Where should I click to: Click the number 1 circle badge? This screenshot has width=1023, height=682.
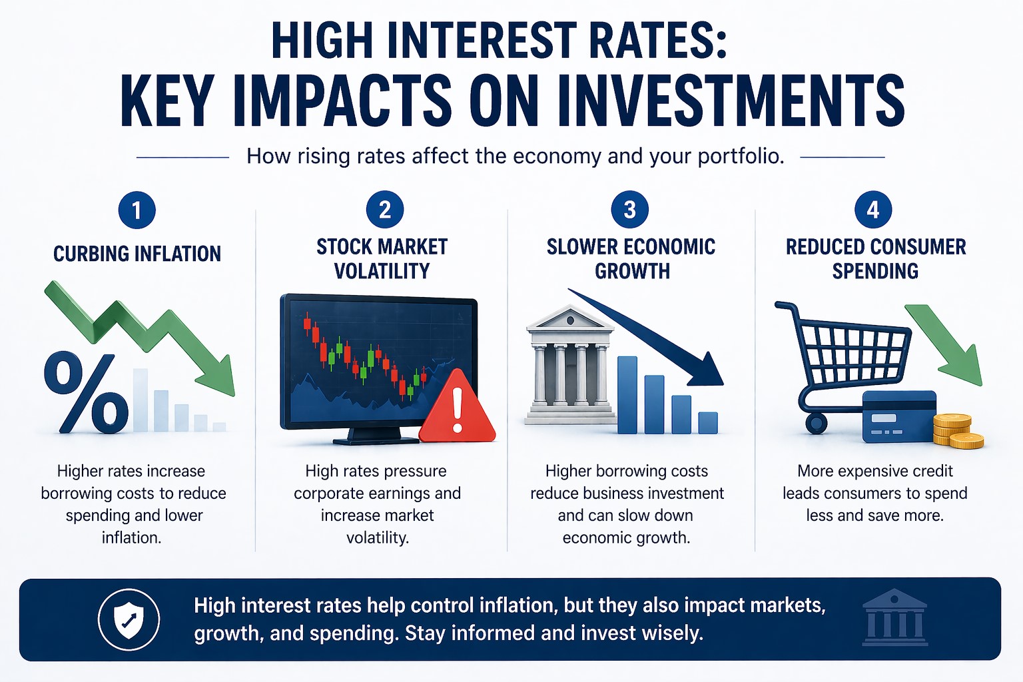(137, 210)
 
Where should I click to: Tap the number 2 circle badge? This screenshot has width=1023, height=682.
(384, 210)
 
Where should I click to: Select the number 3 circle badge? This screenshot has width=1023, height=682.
(629, 210)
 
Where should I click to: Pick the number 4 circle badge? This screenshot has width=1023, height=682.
(873, 210)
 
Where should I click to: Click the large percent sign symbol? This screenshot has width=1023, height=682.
(87, 393)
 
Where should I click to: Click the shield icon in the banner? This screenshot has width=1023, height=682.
(129, 619)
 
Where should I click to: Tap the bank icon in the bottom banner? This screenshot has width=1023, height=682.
(894, 617)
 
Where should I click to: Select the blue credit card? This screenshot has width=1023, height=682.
(898, 417)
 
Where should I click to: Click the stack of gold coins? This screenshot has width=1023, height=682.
(958, 432)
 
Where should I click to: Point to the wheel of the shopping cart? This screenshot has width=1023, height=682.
(816, 423)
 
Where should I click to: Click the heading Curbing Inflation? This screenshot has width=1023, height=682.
(137, 254)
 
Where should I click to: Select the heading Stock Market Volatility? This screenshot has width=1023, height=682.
(382, 258)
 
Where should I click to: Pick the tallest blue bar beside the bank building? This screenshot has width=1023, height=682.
(627, 395)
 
